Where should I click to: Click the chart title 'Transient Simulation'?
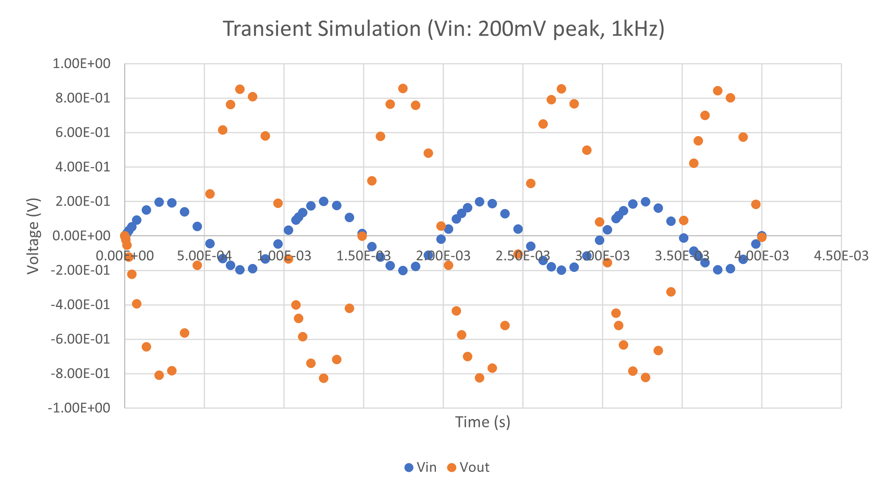pyautogui.click(x=322, y=29)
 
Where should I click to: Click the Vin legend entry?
pyautogui.click(x=421, y=467)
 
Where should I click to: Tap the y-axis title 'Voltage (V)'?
pyautogui.click(x=33, y=236)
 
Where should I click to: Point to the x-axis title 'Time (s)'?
pyautogui.click(x=482, y=422)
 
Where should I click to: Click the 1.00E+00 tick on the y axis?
pyautogui.click(x=82, y=64)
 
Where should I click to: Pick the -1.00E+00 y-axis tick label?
pyautogui.click(x=79, y=408)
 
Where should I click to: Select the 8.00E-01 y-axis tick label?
pyautogui.click(x=83, y=98)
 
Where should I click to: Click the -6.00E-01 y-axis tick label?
pyautogui.click(x=80, y=339)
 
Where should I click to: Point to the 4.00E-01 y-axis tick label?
pyautogui.click(x=83, y=167)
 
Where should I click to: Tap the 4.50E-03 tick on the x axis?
pyautogui.click(x=841, y=256)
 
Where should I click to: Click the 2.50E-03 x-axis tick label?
pyautogui.click(x=522, y=256)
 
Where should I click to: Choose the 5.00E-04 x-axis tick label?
pyautogui.click(x=204, y=256)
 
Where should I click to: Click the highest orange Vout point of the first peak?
pyautogui.click(x=240, y=89)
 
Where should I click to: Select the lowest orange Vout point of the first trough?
pyautogui.click(x=159, y=375)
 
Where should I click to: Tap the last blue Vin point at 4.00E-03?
pyautogui.click(x=762, y=236)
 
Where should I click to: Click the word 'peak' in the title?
pyautogui.click(x=577, y=29)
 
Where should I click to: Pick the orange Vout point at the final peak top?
pyautogui.click(x=717, y=90)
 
